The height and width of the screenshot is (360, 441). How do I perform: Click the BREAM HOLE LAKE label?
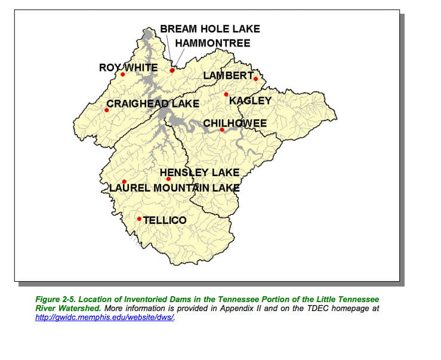(x=209, y=29)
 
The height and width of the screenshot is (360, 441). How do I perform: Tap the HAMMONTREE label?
(x=212, y=44)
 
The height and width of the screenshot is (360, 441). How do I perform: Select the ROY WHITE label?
(x=128, y=67)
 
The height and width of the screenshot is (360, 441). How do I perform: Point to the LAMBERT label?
(x=229, y=75)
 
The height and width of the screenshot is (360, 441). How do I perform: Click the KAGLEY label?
(x=251, y=101)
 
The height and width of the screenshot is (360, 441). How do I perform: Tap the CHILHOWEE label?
(x=235, y=123)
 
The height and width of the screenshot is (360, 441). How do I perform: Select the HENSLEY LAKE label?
(x=199, y=173)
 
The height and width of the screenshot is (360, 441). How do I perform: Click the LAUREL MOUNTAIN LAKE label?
(x=174, y=188)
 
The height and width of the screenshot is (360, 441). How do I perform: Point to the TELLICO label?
(x=165, y=220)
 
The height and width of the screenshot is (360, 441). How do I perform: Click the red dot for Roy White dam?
(x=123, y=75)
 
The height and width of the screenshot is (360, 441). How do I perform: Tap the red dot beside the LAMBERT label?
(x=255, y=79)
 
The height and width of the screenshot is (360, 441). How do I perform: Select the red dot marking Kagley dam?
(x=226, y=94)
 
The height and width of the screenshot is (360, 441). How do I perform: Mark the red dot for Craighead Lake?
(x=107, y=110)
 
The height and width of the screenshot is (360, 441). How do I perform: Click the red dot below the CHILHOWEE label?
(x=221, y=130)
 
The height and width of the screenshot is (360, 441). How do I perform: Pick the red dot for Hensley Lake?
(x=168, y=179)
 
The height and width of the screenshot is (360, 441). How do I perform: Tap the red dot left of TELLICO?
(x=139, y=219)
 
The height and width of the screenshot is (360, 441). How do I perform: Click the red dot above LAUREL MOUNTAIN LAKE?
(x=124, y=181)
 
